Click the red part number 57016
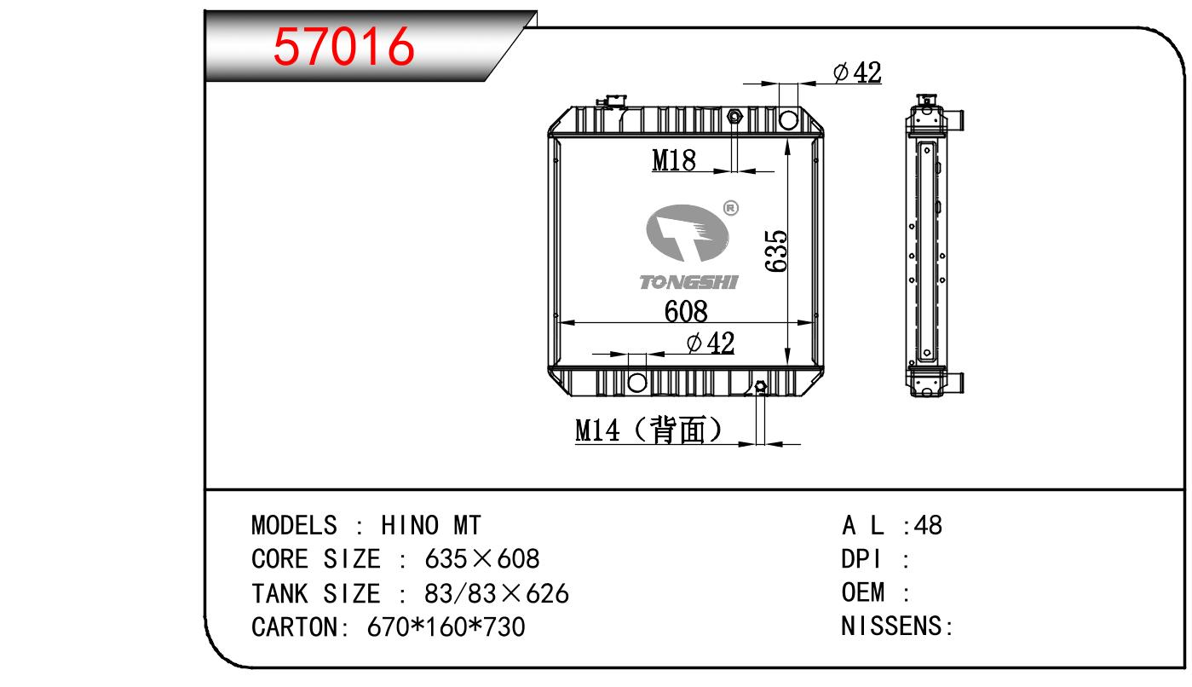pyautogui.click(x=343, y=47)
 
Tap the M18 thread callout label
pyautogui.click(x=674, y=160)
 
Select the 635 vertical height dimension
pyautogui.click(x=776, y=251)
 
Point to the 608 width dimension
pyautogui.click(x=686, y=311)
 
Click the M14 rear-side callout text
pyautogui.click(x=649, y=430)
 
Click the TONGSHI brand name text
pyautogui.click(x=688, y=282)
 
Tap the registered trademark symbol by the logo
pyautogui.click(x=731, y=207)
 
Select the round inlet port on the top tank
pyautogui.click(x=788, y=119)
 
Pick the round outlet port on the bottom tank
pyautogui.click(x=637, y=382)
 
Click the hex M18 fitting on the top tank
pyautogui.click(x=734, y=117)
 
